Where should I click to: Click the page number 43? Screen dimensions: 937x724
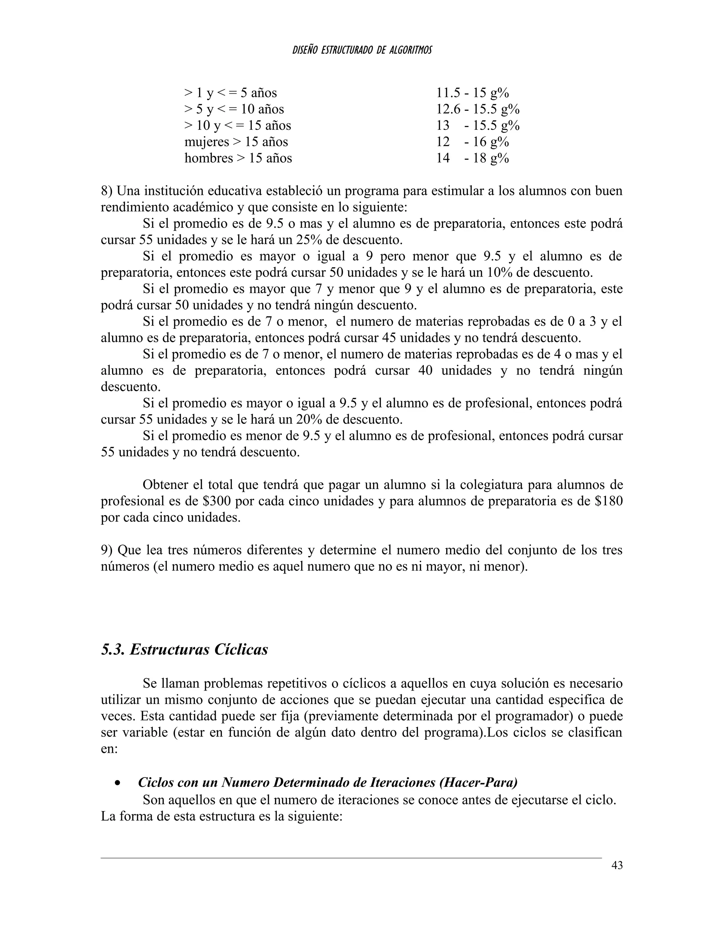tap(617, 865)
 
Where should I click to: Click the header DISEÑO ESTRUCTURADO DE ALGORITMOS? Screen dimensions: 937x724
tap(362, 50)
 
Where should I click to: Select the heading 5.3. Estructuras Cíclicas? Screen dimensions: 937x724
tap(185, 650)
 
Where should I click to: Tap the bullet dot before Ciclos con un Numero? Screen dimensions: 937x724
tap(117, 783)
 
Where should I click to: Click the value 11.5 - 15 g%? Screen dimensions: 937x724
tap(472, 93)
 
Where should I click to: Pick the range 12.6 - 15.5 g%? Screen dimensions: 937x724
tap(478, 109)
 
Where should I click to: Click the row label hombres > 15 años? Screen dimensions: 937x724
tap(238, 158)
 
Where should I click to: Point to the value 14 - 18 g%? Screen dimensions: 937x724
tap(472, 158)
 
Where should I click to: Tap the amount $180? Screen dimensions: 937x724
tap(609, 501)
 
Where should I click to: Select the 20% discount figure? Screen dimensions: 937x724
tap(308, 419)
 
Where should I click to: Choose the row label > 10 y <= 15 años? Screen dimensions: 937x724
tap(238, 125)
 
